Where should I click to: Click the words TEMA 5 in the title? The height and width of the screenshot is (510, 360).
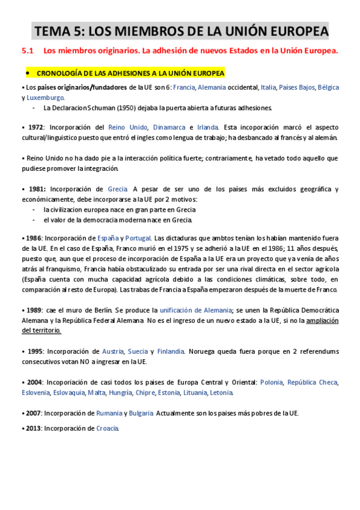coord(58,31)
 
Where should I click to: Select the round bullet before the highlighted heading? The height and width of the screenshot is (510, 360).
coord(28,73)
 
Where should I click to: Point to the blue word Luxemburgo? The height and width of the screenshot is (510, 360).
coord(45,97)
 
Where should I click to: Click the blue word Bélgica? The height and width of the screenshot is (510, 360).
coord(328,88)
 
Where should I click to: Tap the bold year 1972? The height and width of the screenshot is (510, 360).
coord(35,127)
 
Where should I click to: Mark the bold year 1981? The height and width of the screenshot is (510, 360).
coord(36,189)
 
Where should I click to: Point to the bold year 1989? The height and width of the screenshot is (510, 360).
coord(34,310)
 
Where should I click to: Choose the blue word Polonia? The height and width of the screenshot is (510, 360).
coord(272,382)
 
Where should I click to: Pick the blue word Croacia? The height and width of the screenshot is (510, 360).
coord(107,428)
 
